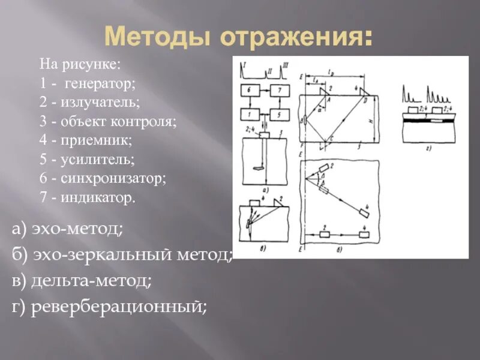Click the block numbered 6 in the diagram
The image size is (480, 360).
pyautogui.click(x=250, y=89)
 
